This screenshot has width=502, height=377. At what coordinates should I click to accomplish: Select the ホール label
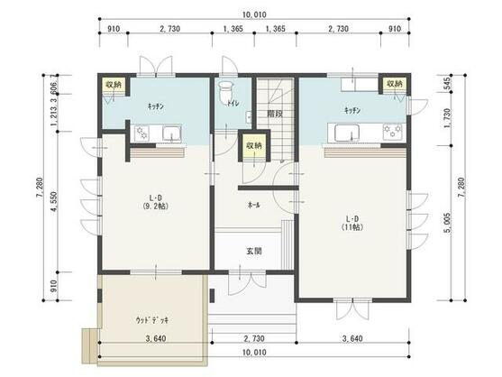254,206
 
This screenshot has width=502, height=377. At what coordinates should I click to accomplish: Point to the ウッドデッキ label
153,319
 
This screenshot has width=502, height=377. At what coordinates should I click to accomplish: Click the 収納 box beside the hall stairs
253,146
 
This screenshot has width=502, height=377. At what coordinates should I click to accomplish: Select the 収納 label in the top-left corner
113,85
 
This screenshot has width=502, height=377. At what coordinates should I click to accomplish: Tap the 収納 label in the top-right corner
395,84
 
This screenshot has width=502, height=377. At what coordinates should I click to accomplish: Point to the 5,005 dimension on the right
449,218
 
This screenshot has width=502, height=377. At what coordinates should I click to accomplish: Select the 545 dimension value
449,84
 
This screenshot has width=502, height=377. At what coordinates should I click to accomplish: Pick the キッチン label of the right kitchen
351,110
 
